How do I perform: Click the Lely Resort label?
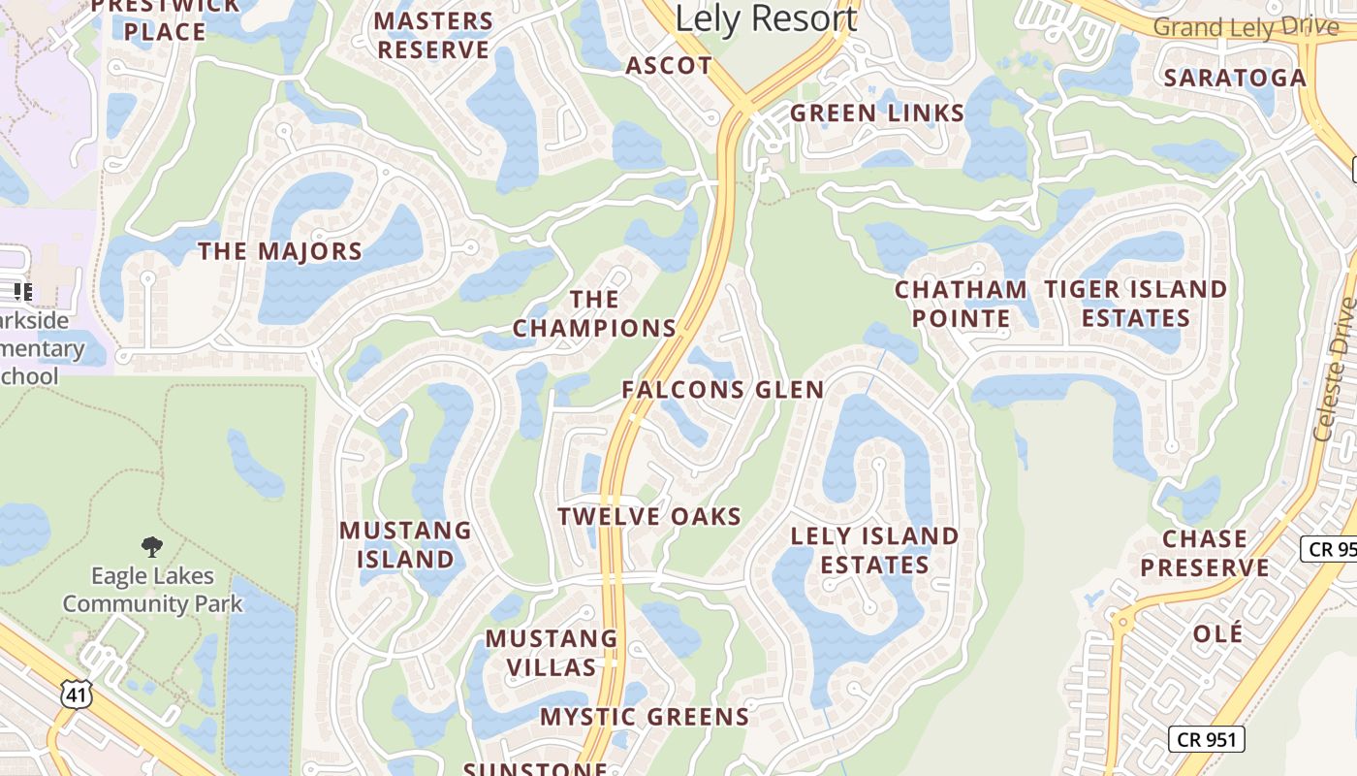(766, 18)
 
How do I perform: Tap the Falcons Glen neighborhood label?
(723, 390)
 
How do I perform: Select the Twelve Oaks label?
(649, 516)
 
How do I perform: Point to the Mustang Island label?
(405, 545)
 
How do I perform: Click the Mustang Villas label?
(552, 653)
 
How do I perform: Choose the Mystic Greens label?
(645, 717)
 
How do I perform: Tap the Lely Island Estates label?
(874, 550)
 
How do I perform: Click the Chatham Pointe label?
(961, 304)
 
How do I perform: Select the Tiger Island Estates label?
(1135, 304)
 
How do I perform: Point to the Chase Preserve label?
(1205, 553)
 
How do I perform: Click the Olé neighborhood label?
(1217, 633)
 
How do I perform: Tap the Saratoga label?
(1235, 78)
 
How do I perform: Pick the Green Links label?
(877, 113)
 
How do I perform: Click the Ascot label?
(669, 66)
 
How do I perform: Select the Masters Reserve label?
(433, 35)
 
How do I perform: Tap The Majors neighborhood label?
(280, 251)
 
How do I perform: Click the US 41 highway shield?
(76, 693)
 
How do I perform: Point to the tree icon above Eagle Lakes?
(152, 547)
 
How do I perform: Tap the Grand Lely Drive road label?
(1246, 26)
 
